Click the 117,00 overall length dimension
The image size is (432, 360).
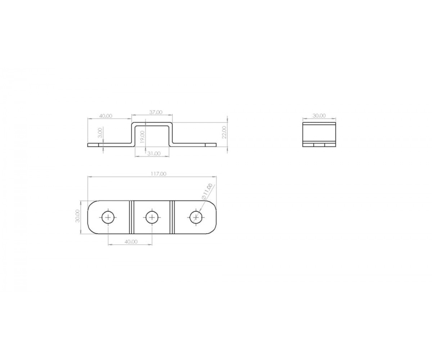pyautogui.click(x=158, y=174)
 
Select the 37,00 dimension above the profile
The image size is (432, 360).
pyautogui.click(x=156, y=112)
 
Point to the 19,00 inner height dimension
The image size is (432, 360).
pyautogui.click(x=143, y=137)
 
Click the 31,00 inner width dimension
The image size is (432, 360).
pyautogui.click(x=154, y=153)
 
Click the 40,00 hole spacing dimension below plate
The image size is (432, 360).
pyautogui.click(x=131, y=242)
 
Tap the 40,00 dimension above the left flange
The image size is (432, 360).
pyautogui.click(x=106, y=116)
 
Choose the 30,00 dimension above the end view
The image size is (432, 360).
pyautogui.click(x=319, y=116)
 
